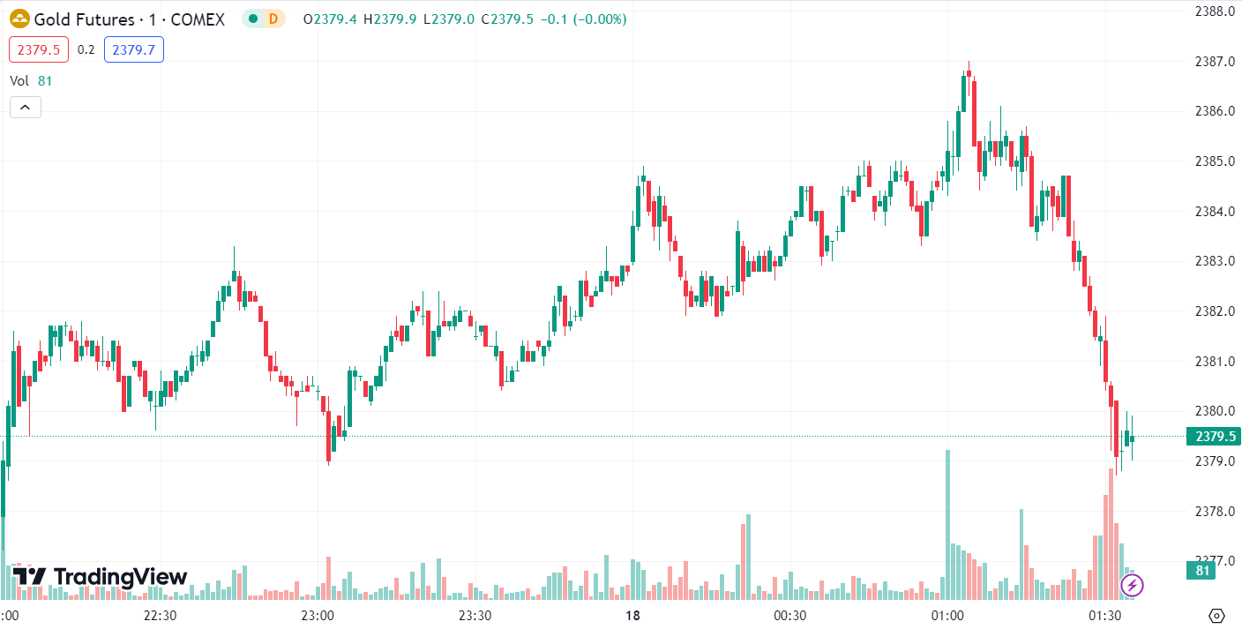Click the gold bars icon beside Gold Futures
[x=19, y=19]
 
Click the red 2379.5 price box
[x=39, y=49]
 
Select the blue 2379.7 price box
[x=134, y=49]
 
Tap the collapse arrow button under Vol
[x=26, y=108]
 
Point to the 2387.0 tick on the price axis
[x=1214, y=62]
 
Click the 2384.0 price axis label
[x=1214, y=212]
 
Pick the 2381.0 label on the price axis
[x=1214, y=362]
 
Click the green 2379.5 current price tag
[x=1213, y=437]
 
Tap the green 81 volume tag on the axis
[x=1201, y=571]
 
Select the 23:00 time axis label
[x=317, y=615]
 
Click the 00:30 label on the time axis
[x=789, y=615]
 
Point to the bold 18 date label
[x=632, y=615]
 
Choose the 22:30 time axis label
[x=160, y=615]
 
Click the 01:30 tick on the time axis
[x=1104, y=615]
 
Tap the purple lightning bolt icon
[x=1132, y=584]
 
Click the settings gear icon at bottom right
[x=1217, y=615]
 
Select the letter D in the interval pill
[x=273, y=19]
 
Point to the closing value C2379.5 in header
[x=507, y=19]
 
